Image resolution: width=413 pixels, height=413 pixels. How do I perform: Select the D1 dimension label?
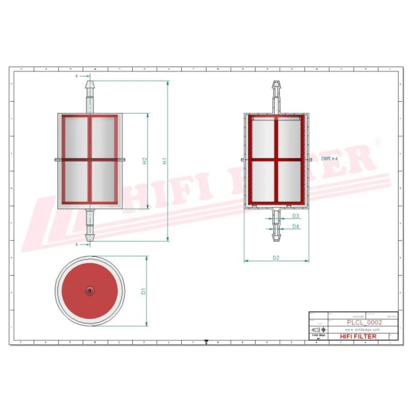(x=143, y=291)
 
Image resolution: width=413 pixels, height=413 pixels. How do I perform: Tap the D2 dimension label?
(x=276, y=257)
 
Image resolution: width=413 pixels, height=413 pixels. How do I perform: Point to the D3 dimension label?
(x=295, y=216)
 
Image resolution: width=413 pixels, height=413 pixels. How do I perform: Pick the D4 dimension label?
(x=295, y=226)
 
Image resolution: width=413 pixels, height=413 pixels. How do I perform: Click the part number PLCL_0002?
(x=364, y=322)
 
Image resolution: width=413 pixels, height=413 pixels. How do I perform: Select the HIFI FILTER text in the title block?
(x=358, y=336)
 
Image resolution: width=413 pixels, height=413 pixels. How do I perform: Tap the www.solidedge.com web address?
(x=364, y=329)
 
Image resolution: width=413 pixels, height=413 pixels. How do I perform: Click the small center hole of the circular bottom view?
(x=90, y=290)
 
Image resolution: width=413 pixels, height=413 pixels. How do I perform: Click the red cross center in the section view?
(x=276, y=160)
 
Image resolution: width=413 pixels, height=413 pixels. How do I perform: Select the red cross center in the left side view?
(x=90, y=160)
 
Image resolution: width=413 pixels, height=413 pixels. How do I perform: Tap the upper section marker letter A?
(x=78, y=75)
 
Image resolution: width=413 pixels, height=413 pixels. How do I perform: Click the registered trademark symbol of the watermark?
(x=377, y=142)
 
